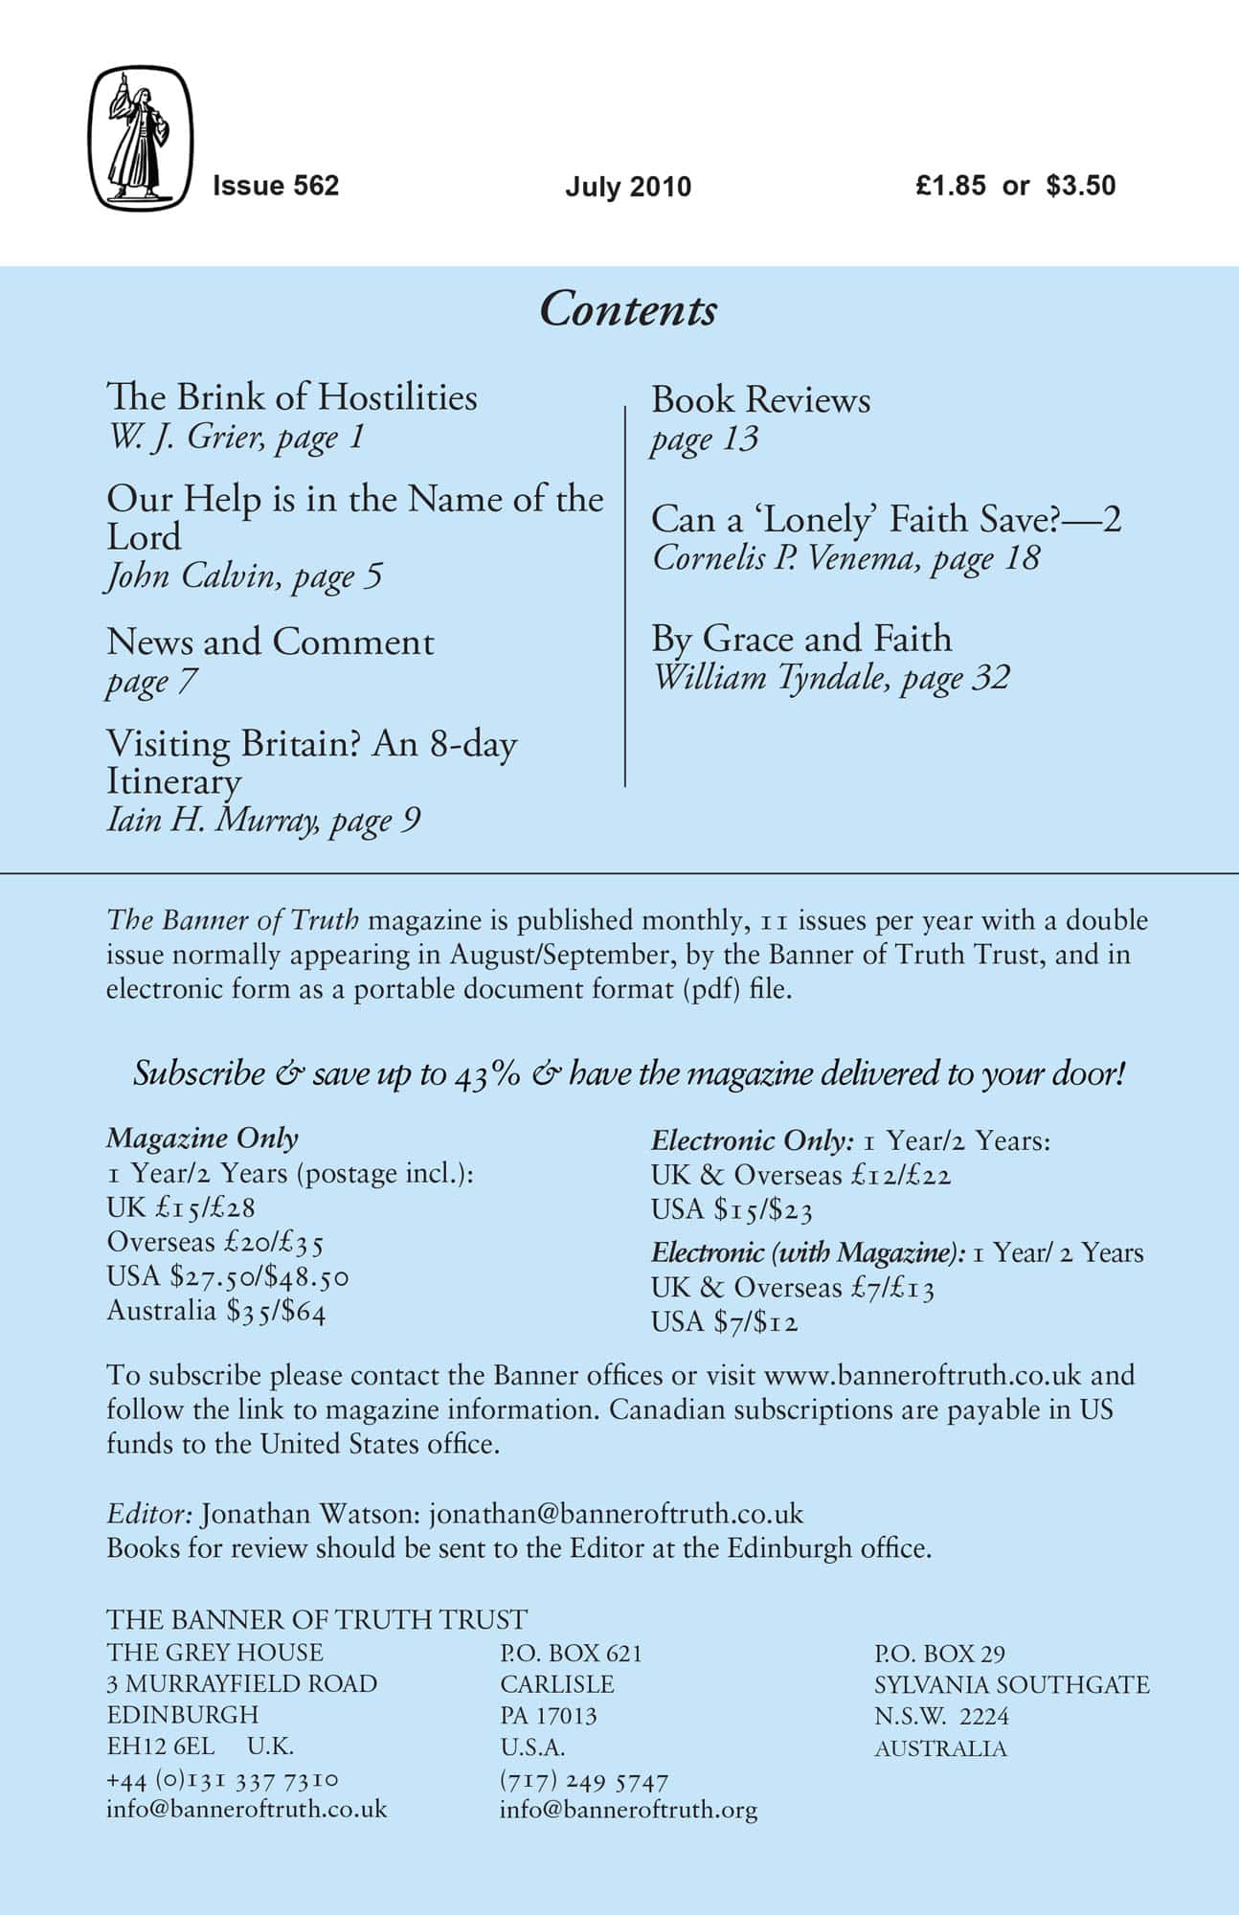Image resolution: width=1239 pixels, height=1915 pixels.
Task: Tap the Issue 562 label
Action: [x=276, y=185]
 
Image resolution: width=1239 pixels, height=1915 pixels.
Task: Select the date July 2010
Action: [x=627, y=186]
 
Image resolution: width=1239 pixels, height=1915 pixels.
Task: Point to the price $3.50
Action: [x=1081, y=185]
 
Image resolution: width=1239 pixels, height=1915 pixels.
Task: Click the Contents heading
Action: [x=628, y=310]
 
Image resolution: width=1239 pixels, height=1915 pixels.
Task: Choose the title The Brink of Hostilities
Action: [x=292, y=397]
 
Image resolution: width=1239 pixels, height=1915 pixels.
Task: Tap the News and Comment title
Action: [x=270, y=642]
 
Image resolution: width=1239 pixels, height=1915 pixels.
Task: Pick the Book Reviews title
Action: [x=760, y=399]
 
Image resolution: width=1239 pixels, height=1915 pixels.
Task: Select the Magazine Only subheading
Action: [x=202, y=1138]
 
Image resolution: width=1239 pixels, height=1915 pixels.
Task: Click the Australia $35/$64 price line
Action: [x=216, y=1310]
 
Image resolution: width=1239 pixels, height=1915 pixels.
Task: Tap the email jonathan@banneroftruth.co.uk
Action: [x=616, y=1514]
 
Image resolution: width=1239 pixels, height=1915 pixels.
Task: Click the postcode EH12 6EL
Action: [x=161, y=1746]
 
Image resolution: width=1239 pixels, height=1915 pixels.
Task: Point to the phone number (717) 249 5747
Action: [x=583, y=1780]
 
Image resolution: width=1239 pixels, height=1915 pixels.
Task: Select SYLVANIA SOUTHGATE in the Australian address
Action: [x=1011, y=1684]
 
